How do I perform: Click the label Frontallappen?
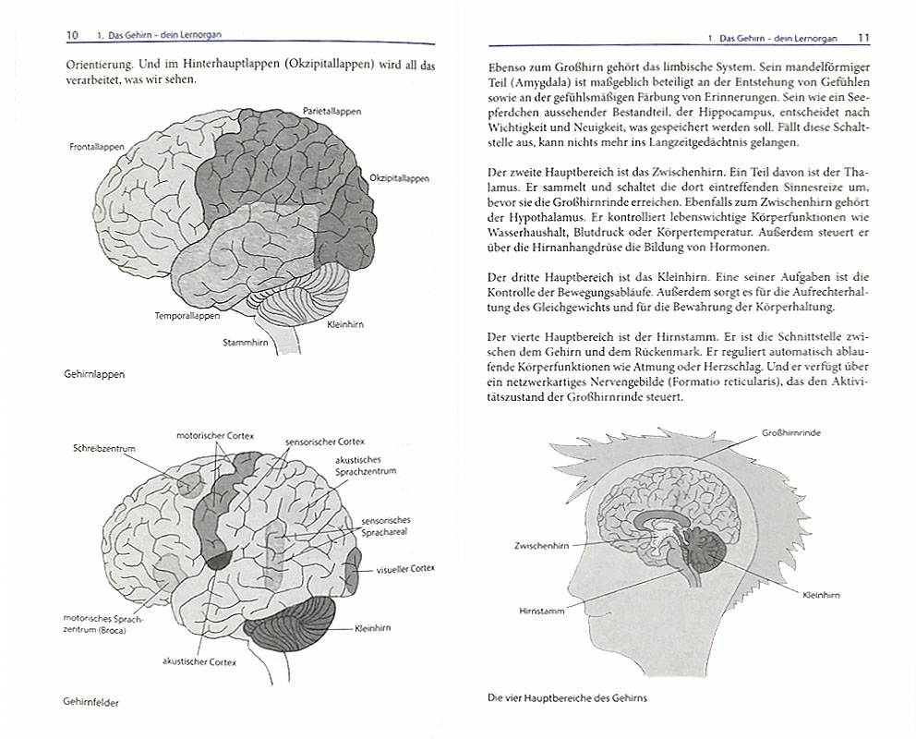coord(97,147)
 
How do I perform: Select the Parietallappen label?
coord(331,111)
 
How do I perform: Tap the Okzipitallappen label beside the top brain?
coord(400,178)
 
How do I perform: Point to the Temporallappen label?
coord(187,316)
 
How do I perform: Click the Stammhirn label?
coord(246,343)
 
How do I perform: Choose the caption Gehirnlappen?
coord(94,374)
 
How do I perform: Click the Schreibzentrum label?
coord(104,449)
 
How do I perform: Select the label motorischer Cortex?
coord(215,436)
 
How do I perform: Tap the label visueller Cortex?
coord(405,569)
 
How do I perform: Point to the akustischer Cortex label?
coord(199,662)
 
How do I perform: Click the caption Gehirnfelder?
coord(90,702)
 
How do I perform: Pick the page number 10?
coord(72,35)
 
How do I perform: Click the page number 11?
coord(864,38)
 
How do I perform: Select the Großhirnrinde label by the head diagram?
coord(791,433)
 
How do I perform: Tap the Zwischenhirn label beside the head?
coord(541,546)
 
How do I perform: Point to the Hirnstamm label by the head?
coord(541,612)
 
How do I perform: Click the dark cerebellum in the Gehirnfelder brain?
coord(290,625)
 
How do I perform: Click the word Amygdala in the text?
coord(541,82)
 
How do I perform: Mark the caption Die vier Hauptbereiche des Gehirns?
coord(567,698)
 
